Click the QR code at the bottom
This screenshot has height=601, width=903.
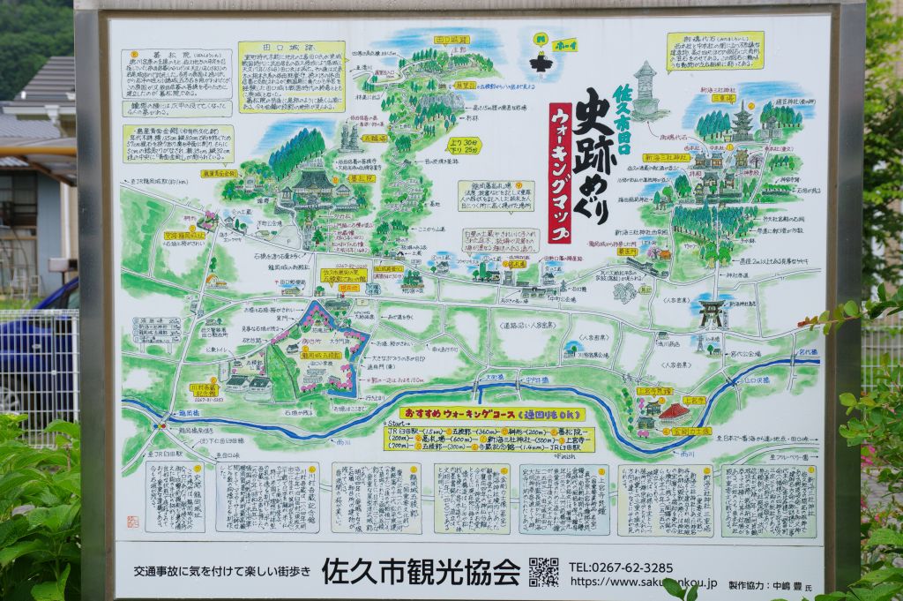click(543, 572)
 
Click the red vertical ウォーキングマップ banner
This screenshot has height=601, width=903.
click(560, 173)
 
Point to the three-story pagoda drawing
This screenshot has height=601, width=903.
click(742, 124)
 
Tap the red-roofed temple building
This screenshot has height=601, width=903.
click(675, 411)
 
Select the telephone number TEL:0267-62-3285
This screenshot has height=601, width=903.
click(621, 567)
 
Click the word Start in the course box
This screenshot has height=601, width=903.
click(399, 424)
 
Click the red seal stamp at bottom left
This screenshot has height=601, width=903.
click(133, 522)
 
